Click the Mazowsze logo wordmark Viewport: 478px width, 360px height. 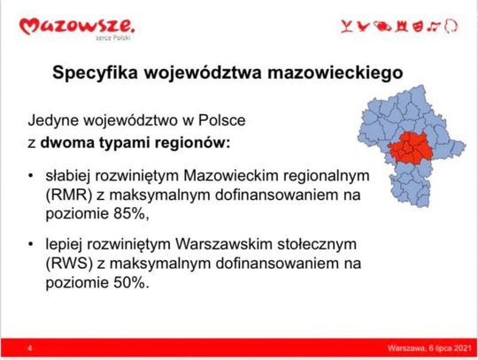[x=76, y=27]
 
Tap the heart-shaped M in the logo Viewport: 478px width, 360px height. [x=29, y=27]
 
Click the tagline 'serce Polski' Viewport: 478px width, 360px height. [x=112, y=38]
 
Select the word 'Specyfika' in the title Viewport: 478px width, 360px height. [x=95, y=73]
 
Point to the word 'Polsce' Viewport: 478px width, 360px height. [x=222, y=120]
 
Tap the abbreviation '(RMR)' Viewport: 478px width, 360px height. [x=69, y=195]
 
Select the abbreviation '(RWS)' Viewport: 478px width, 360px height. [x=69, y=264]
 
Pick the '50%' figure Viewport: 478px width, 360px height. [x=129, y=283]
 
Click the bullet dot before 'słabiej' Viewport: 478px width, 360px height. [x=30, y=176]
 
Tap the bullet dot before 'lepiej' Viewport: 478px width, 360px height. [x=30, y=244]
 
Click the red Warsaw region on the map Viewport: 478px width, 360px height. [x=411, y=149]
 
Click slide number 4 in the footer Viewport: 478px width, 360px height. [x=30, y=348]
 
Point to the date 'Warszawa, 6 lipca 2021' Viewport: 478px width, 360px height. [x=430, y=348]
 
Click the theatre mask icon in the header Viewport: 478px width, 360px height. [x=418, y=27]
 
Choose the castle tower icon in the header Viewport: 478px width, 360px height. [x=401, y=27]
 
